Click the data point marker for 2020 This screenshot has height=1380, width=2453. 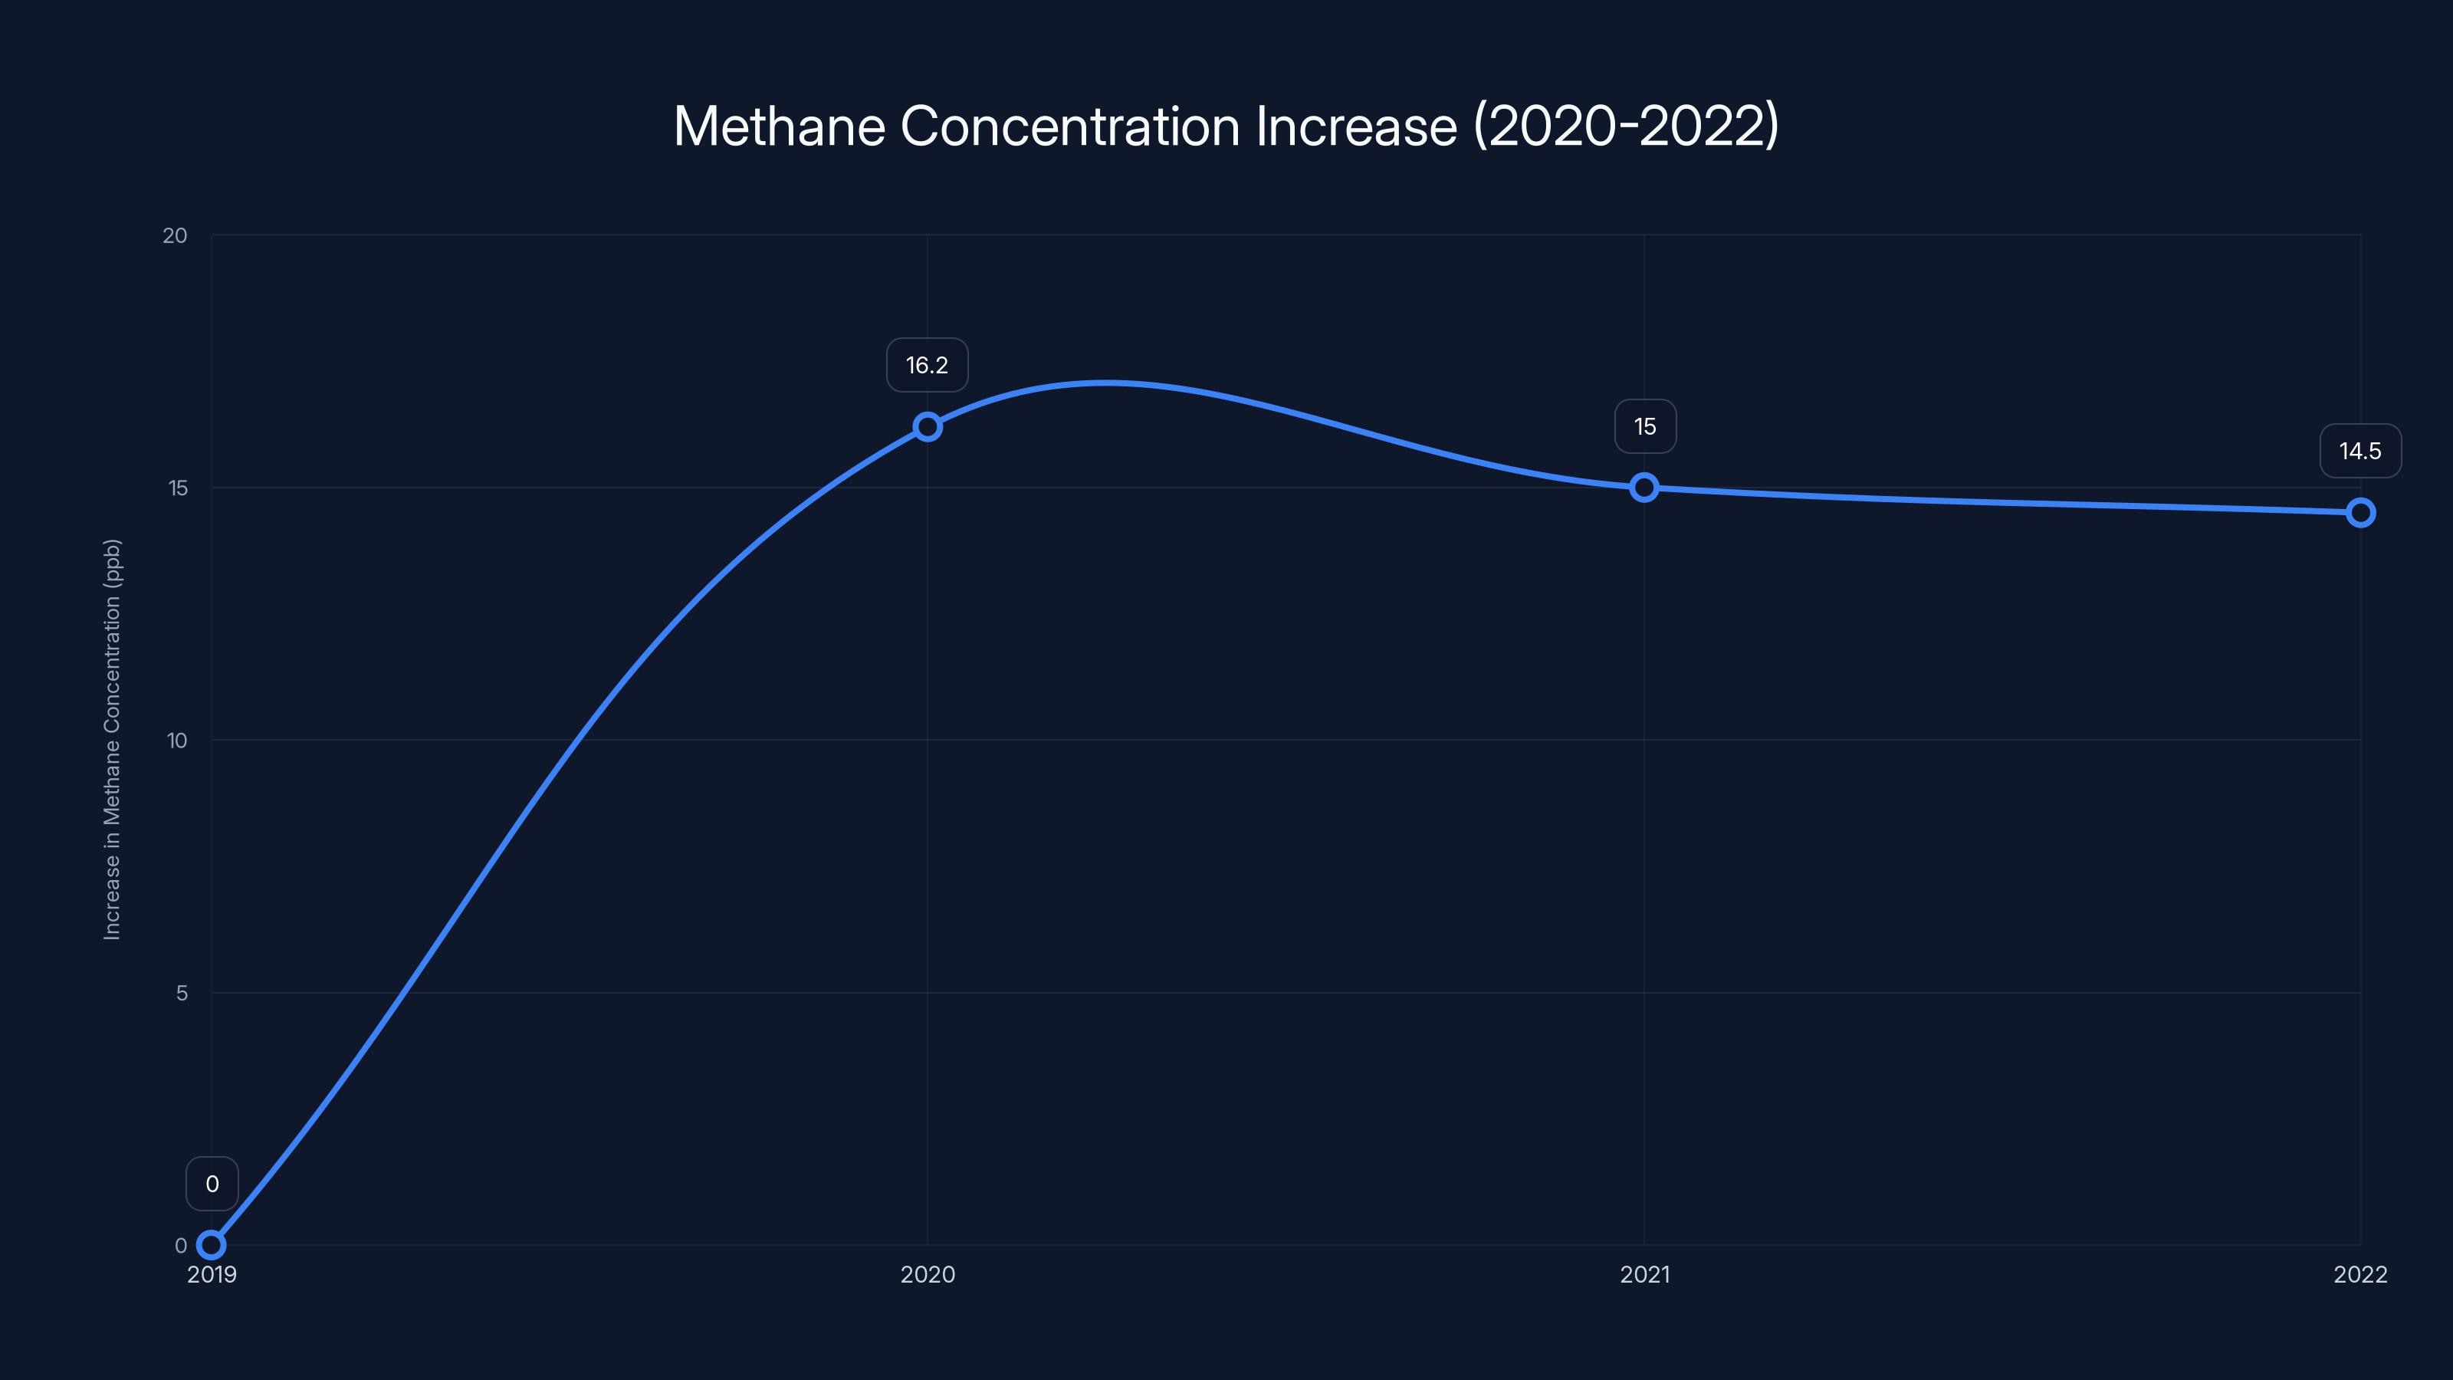(x=928, y=427)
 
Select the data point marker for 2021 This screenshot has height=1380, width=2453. (x=1644, y=488)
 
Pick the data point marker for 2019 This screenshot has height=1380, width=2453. (x=212, y=1245)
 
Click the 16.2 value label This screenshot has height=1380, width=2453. (x=927, y=366)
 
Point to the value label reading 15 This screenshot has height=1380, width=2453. (x=1644, y=427)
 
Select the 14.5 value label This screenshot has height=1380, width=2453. (x=2359, y=452)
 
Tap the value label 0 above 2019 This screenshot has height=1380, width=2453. (x=212, y=1184)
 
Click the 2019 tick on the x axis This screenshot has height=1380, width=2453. (x=212, y=1274)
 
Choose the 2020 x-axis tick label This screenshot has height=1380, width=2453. (x=928, y=1274)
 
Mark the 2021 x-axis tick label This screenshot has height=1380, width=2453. (x=1644, y=1274)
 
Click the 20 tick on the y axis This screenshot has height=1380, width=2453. (x=176, y=235)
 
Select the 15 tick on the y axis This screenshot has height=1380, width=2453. (x=177, y=488)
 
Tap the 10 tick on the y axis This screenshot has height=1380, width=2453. (x=177, y=741)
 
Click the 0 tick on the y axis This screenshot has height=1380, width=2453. (x=181, y=1246)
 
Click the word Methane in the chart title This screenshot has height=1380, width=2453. (x=779, y=127)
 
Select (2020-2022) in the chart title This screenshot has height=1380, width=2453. (x=1625, y=127)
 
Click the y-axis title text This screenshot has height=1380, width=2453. (x=113, y=740)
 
